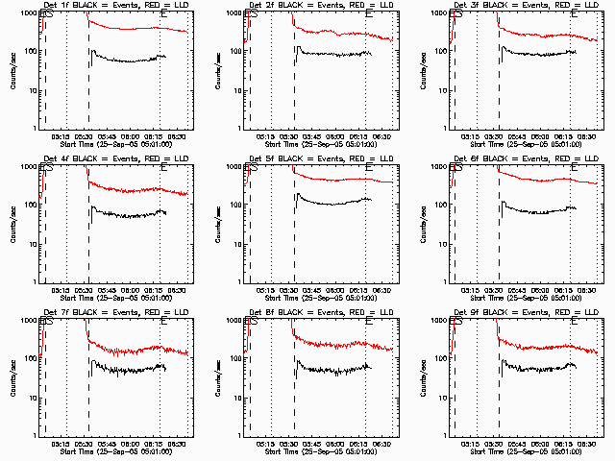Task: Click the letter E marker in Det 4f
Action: (163, 169)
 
